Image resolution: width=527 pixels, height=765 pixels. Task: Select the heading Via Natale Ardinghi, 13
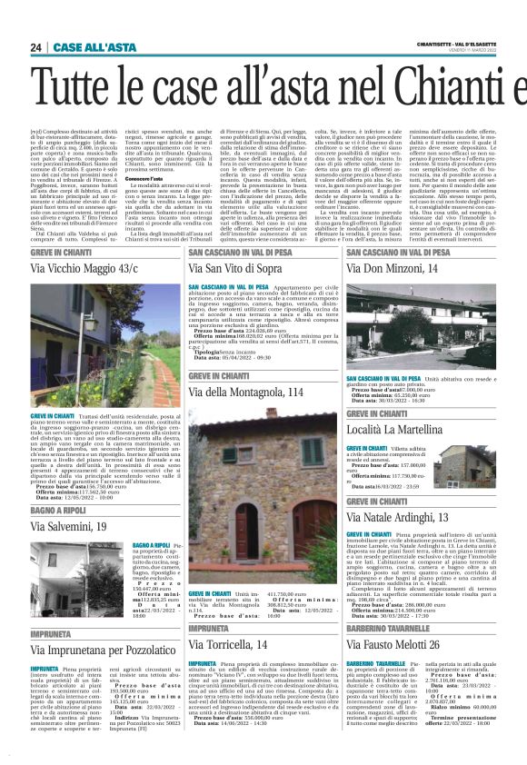[x=398, y=516]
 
